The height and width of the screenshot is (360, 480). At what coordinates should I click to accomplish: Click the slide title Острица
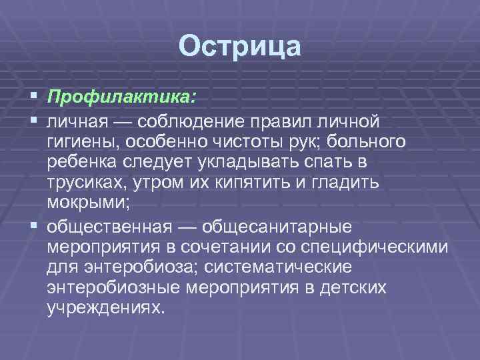tap(240, 46)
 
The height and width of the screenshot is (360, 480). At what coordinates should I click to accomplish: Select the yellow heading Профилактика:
tap(121, 97)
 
